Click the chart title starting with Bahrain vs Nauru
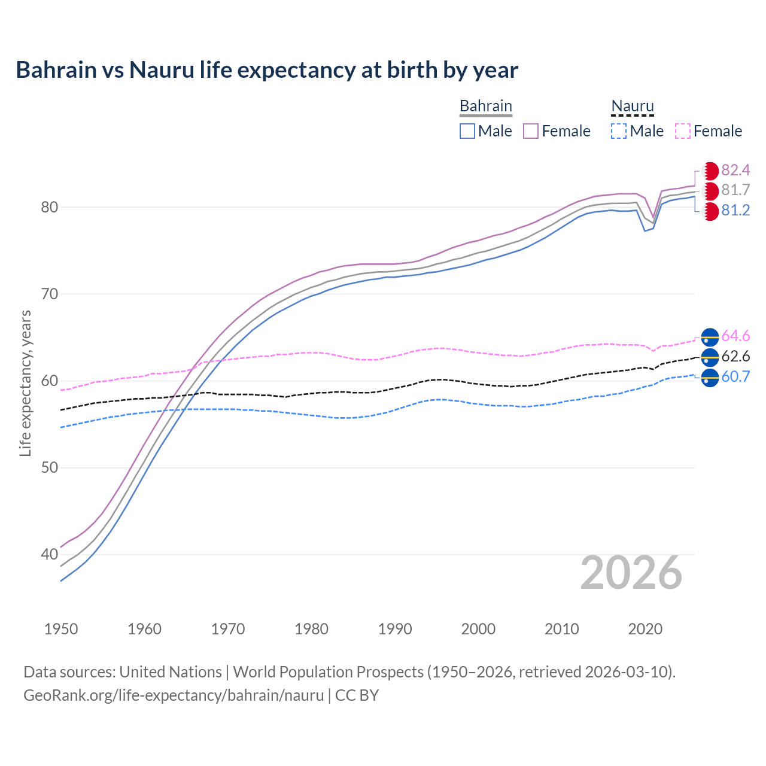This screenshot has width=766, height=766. tap(267, 70)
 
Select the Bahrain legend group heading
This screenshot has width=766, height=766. tap(485, 106)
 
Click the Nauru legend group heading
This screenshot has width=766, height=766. tap(632, 106)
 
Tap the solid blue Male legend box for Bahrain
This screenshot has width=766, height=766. tap(467, 131)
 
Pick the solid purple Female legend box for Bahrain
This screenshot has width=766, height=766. tap(531, 131)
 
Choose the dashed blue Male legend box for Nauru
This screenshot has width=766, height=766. tap(619, 131)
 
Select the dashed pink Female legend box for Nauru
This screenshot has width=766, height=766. tap(683, 131)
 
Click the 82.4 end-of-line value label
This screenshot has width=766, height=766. tap(735, 170)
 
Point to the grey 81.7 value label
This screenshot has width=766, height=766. tap(735, 190)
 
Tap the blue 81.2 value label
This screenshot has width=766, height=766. tap(735, 211)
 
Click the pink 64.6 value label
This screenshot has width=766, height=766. tap(735, 336)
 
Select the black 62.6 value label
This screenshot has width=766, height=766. tap(735, 357)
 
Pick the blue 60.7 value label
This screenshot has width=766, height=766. tap(735, 377)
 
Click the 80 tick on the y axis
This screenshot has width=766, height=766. tap(49, 208)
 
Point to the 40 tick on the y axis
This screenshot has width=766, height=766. tap(49, 555)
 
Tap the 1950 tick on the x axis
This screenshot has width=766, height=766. tap(61, 629)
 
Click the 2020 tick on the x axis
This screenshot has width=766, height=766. tap(645, 629)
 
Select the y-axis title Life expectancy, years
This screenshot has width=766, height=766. tap(25, 383)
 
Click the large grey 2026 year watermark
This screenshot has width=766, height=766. tap(631, 573)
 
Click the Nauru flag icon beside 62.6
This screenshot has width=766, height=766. tap(710, 357)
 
